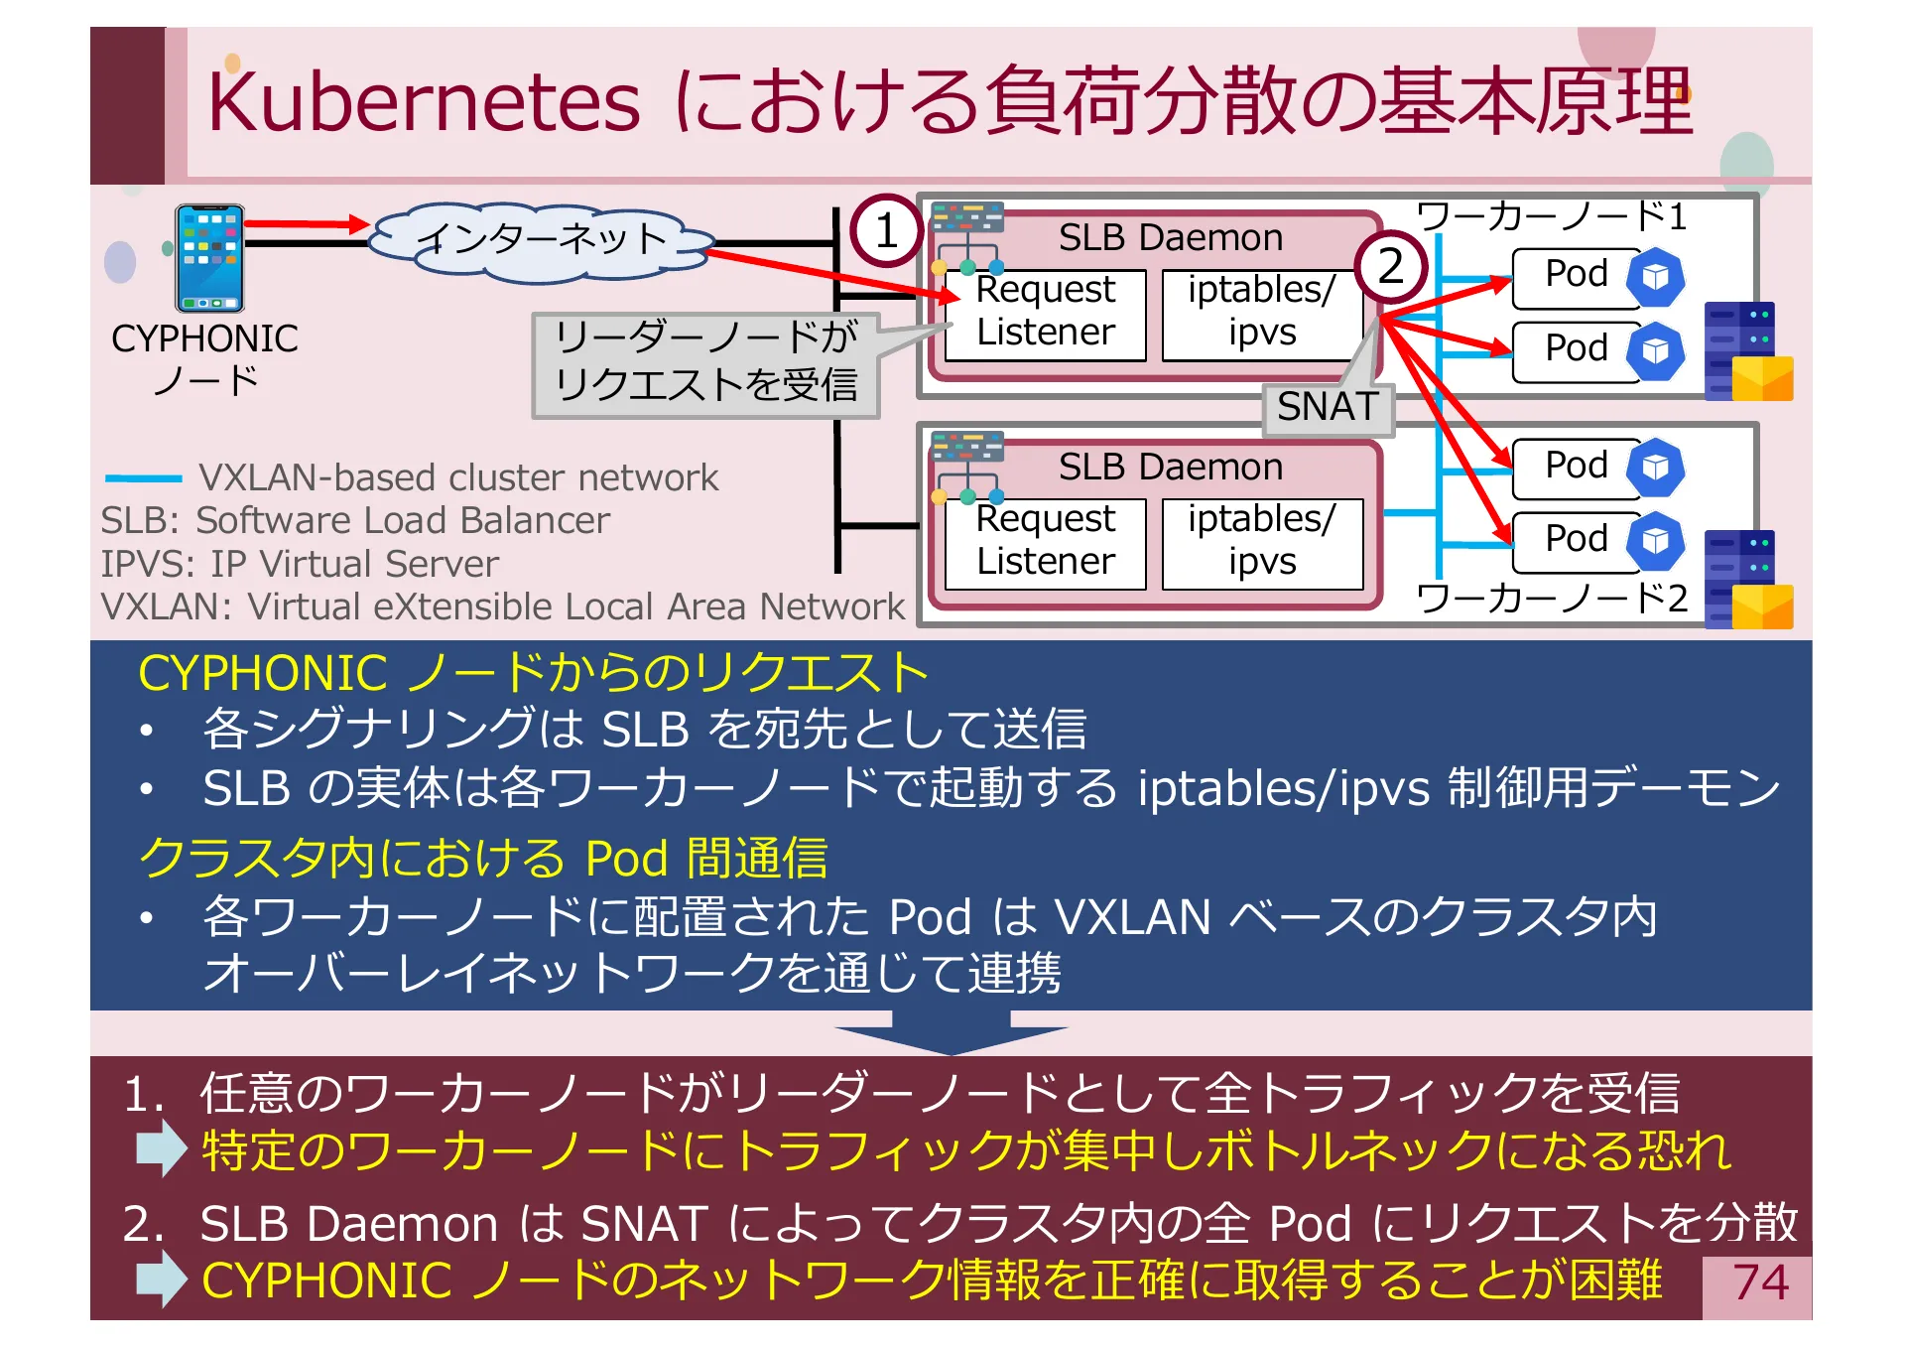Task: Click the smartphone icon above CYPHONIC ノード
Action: coord(208,258)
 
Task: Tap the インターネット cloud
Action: coord(541,240)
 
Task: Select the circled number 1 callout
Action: coord(886,231)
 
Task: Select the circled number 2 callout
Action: coord(1390,266)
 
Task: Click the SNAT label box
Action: coord(1328,407)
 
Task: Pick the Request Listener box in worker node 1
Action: coord(1045,312)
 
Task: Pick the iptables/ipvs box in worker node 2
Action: coord(1261,541)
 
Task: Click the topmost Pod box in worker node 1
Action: coord(1576,275)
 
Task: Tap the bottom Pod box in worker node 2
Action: coord(1576,540)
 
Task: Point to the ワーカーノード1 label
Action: coord(1551,215)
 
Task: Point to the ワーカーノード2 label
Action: coord(1551,598)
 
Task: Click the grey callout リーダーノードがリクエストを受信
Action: coord(705,363)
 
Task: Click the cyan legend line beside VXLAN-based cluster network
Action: coord(144,478)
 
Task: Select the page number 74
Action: coord(1759,1282)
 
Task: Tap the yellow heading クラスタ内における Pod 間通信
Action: coord(483,858)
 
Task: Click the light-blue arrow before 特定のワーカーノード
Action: coord(161,1148)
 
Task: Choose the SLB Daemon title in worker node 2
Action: coord(1170,467)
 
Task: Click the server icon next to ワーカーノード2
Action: coord(1747,579)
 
